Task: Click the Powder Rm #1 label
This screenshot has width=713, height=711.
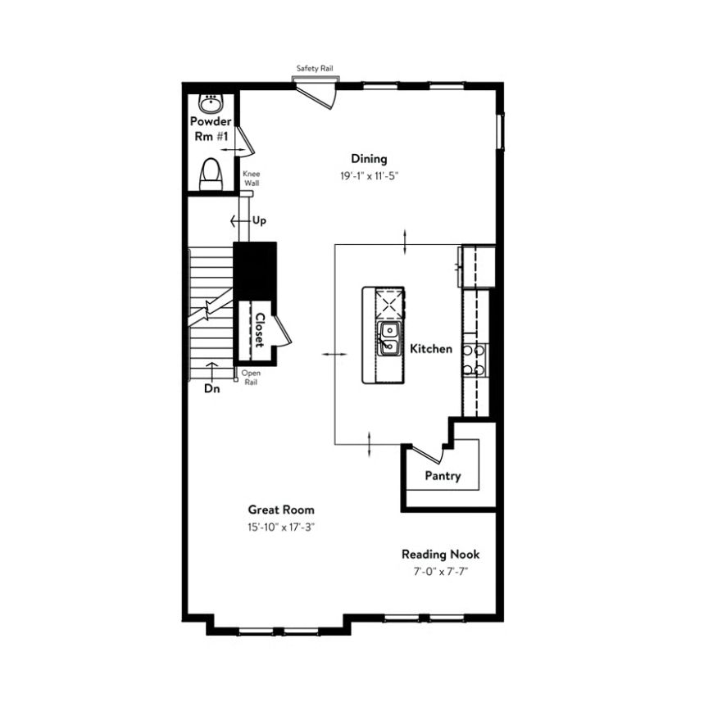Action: pos(211,129)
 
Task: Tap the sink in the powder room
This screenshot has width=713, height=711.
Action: pos(211,104)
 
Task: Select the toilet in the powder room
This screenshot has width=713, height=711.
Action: pos(211,174)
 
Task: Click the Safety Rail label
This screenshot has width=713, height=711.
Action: pos(315,68)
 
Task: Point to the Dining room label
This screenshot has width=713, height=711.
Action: pos(370,159)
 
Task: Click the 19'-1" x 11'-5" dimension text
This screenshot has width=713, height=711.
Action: pos(370,176)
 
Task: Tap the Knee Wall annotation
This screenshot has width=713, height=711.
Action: pos(252,179)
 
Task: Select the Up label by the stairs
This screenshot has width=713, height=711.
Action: pos(259,220)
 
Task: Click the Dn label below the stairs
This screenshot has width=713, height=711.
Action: pos(212,388)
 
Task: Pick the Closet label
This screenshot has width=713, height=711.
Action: pos(260,330)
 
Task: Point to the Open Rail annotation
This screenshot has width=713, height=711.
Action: pos(251,378)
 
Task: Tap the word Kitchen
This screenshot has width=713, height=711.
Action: pos(431,349)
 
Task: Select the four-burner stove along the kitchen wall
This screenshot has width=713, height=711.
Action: pos(475,360)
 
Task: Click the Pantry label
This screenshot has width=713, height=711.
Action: pos(443,476)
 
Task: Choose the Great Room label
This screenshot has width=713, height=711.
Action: pos(281,509)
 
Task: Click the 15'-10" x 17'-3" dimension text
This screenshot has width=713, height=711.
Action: pos(281,527)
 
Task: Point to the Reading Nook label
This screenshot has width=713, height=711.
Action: pos(441,555)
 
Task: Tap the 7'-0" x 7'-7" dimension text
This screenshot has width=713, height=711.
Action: pos(441,572)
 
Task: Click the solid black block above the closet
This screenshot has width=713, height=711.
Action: pos(255,270)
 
